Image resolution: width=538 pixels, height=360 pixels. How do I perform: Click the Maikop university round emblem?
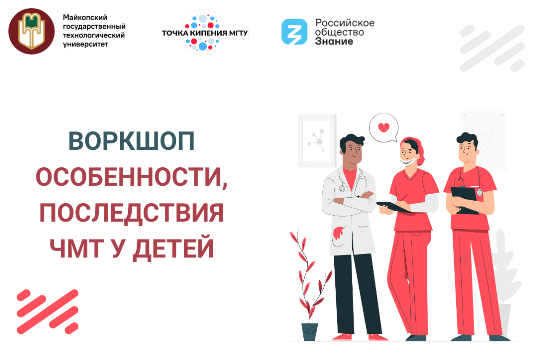pos(31,31)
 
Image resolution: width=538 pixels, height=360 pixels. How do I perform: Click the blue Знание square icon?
pos(294,31)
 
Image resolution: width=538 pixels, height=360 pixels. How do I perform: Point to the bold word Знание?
pos(334,42)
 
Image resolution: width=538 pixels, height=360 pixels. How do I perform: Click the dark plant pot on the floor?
pos(310,331)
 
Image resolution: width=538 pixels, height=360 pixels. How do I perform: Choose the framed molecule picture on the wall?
pos(317,141)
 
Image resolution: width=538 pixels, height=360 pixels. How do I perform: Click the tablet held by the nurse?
pos(395,207)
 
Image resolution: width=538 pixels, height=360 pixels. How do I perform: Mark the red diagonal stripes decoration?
pos(47,311)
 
